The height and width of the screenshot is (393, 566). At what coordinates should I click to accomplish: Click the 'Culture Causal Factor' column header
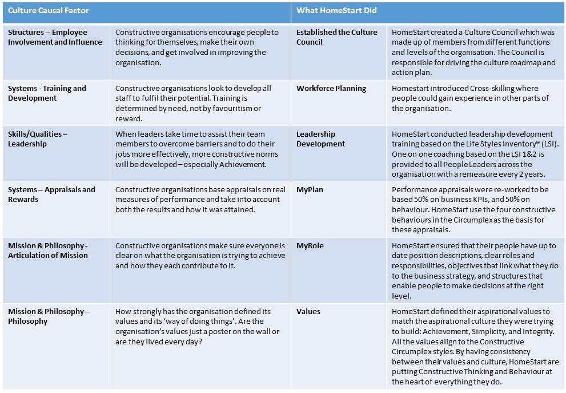tap(49, 10)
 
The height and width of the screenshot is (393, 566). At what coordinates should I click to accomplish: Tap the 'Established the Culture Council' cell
tap(336, 37)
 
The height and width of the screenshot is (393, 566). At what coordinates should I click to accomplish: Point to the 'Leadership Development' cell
tap(320, 139)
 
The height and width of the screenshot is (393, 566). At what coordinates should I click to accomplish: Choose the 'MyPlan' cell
tap(310, 190)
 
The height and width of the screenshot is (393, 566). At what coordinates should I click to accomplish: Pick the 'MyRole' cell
tap(310, 245)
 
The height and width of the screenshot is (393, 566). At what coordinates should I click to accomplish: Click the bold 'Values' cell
tap(308, 312)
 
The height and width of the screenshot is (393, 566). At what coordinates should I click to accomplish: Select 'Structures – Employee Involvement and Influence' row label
tap(55, 37)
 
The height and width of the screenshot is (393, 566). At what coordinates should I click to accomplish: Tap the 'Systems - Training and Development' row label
tap(47, 93)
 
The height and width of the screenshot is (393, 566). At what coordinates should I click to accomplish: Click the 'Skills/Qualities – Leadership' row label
tap(37, 139)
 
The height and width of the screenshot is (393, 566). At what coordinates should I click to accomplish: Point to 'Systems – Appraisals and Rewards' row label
tap(51, 194)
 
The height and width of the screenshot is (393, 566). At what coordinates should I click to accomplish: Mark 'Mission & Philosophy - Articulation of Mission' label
tap(48, 250)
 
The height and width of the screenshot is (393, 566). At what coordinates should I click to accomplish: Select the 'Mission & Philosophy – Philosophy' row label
tap(49, 316)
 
